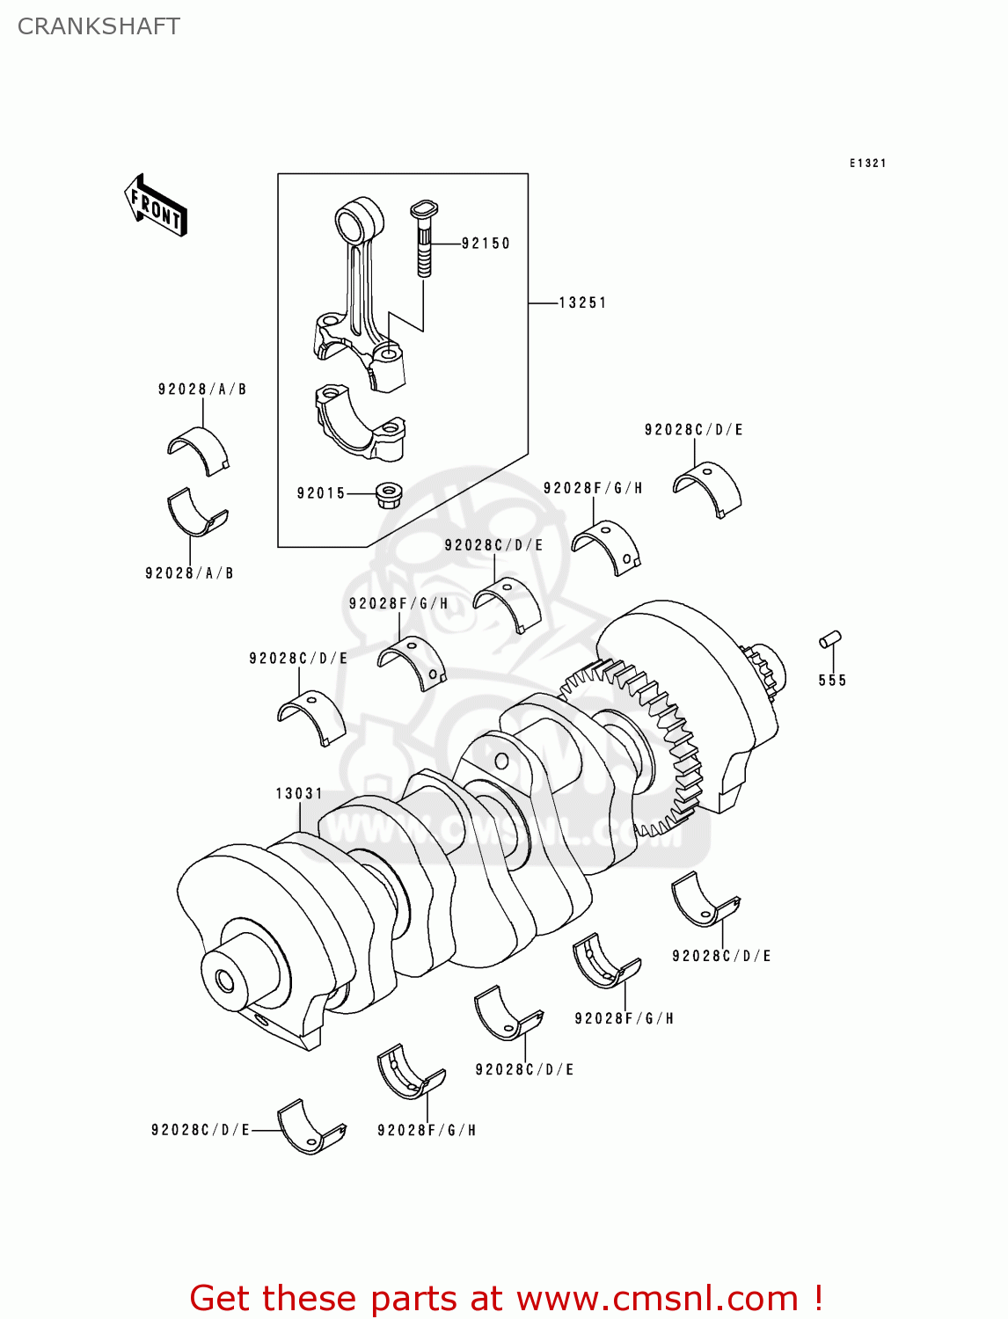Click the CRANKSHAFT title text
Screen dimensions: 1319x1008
point(99,26)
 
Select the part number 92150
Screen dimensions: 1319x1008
point(486,244)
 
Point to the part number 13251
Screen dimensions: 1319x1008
point(582,302)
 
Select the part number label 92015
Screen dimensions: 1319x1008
point(321,493)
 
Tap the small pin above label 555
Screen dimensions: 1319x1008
point(830,639)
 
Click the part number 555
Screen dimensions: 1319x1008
point(832,681)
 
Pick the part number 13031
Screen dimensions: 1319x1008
point(299,793)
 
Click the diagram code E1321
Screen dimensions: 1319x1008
point(867,164)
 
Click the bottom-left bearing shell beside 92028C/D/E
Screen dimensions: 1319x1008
point(310,1126)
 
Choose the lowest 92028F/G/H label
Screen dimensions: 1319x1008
point(427,1131)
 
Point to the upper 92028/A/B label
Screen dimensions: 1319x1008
point(202,390)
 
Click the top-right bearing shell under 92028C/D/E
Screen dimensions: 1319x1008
point(708,489)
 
